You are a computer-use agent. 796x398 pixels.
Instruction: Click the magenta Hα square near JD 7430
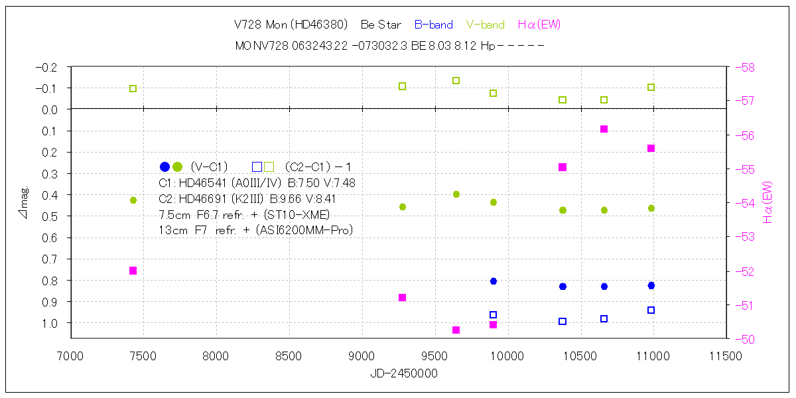pyautogui.click(x=133, y=271)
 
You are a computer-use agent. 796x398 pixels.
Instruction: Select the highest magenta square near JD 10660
pyautogui.click(x=604, y=129)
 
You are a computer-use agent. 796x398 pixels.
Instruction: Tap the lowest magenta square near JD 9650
pyautogui.click(x=456, y=330)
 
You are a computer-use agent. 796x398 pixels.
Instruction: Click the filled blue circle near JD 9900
pyautogui.click(x=494, y=281)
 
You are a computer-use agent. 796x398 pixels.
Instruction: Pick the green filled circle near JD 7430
pyautogui.click(x=133, y=200)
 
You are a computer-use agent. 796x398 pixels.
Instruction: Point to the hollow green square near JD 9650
pyautogui.click(x=456, y=81)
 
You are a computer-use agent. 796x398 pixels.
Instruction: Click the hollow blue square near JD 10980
pyautogui.click(x=651, y=310)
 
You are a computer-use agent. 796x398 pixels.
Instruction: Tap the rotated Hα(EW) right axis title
pyautogui.click(x=768, y=202)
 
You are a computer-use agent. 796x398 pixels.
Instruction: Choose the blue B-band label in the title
pyautogui.click(x=433, y=25)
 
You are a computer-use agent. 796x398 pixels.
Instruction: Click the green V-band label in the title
pyautogui.click(x=485, y=25)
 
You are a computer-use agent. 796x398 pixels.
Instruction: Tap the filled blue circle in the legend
pyautogui.click(x=165, y=166)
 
